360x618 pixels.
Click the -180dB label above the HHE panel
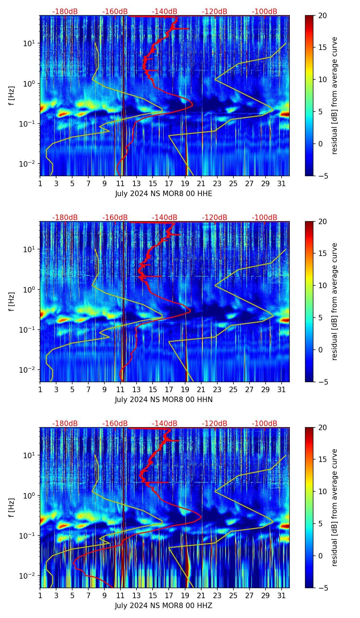[x=65, y=12]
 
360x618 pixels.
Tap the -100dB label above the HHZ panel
[x=265, y=424]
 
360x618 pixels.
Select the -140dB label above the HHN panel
[x=165, y=218]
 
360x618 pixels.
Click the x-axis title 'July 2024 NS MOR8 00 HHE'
[x=164, y=194]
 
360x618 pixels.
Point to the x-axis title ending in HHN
[x=164, y=400]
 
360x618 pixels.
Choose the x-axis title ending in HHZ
[x=164, y=606]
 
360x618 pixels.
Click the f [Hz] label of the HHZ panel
[x=12, y=508]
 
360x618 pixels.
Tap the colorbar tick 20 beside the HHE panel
[x=323, y=15]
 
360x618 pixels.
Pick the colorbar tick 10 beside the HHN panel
[x=323, y=285]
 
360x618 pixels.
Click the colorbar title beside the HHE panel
[x=334, y=95]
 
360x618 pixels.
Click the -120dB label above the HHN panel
[x=215, y=218]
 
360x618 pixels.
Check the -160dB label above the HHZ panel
[x=115, y=424]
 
